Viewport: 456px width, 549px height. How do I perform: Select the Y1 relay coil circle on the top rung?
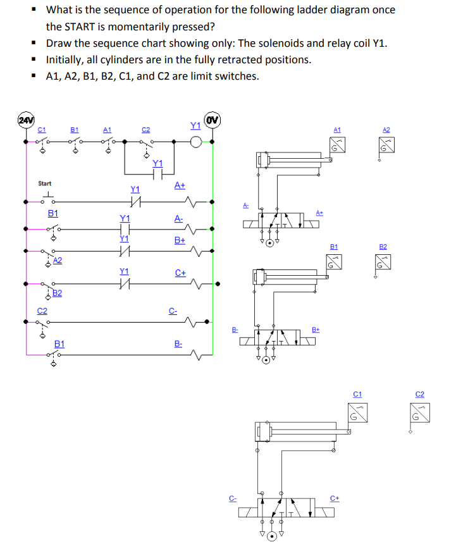(x=197, y=142)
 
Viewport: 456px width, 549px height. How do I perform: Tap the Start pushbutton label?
(x=45, y=183)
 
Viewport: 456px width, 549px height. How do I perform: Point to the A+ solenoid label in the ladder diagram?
(x=180, y=185)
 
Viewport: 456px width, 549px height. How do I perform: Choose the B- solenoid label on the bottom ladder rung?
(x=178, y=344)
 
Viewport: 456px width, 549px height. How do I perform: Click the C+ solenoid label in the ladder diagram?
(x=180, y=273)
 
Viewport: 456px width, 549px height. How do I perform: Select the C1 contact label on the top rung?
(x=42, y=129)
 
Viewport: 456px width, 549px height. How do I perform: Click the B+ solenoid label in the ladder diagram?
(x=180, y=240)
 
